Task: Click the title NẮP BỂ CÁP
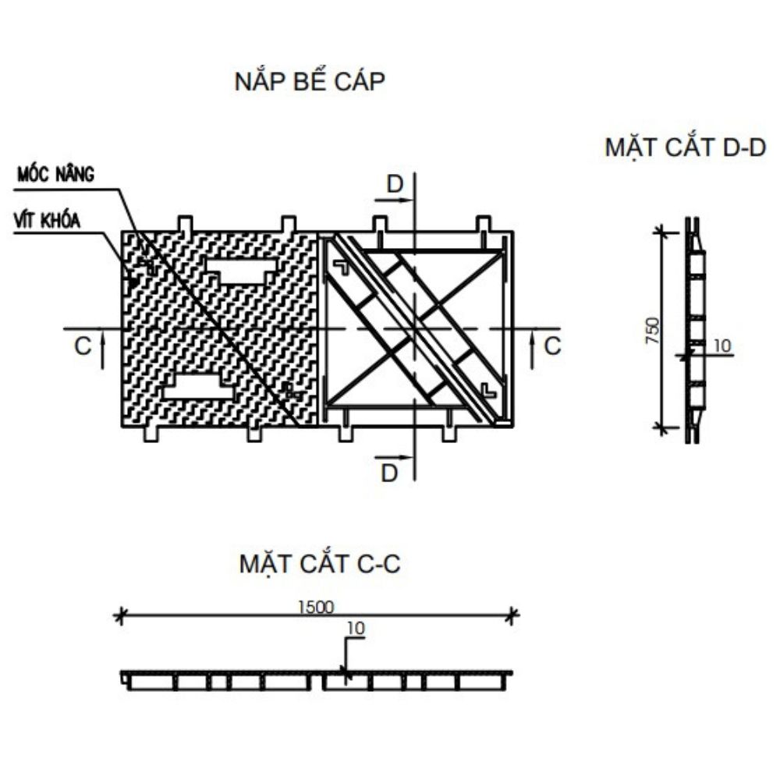point(310,82)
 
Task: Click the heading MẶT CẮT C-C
point(320,564)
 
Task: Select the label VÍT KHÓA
point(48,220)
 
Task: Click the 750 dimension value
point(654,331)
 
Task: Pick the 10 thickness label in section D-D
point(723,346)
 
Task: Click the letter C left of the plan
point(83,346)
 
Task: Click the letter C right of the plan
point(552,346)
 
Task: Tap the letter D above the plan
point(396,185)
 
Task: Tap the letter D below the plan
point(390,472)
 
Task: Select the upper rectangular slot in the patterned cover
point(242,271)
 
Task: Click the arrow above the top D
point(398,200)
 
